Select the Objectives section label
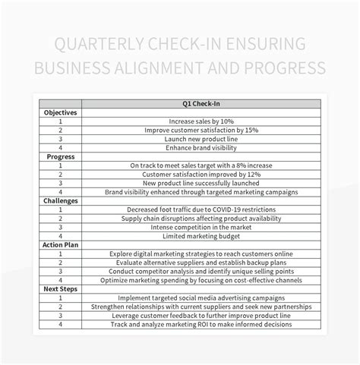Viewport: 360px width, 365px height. [60, 112]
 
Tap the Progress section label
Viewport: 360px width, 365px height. [60, 156]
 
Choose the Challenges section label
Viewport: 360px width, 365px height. [60, 200]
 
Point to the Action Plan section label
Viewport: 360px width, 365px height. [60, 244]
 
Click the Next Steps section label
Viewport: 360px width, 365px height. [60, 289]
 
